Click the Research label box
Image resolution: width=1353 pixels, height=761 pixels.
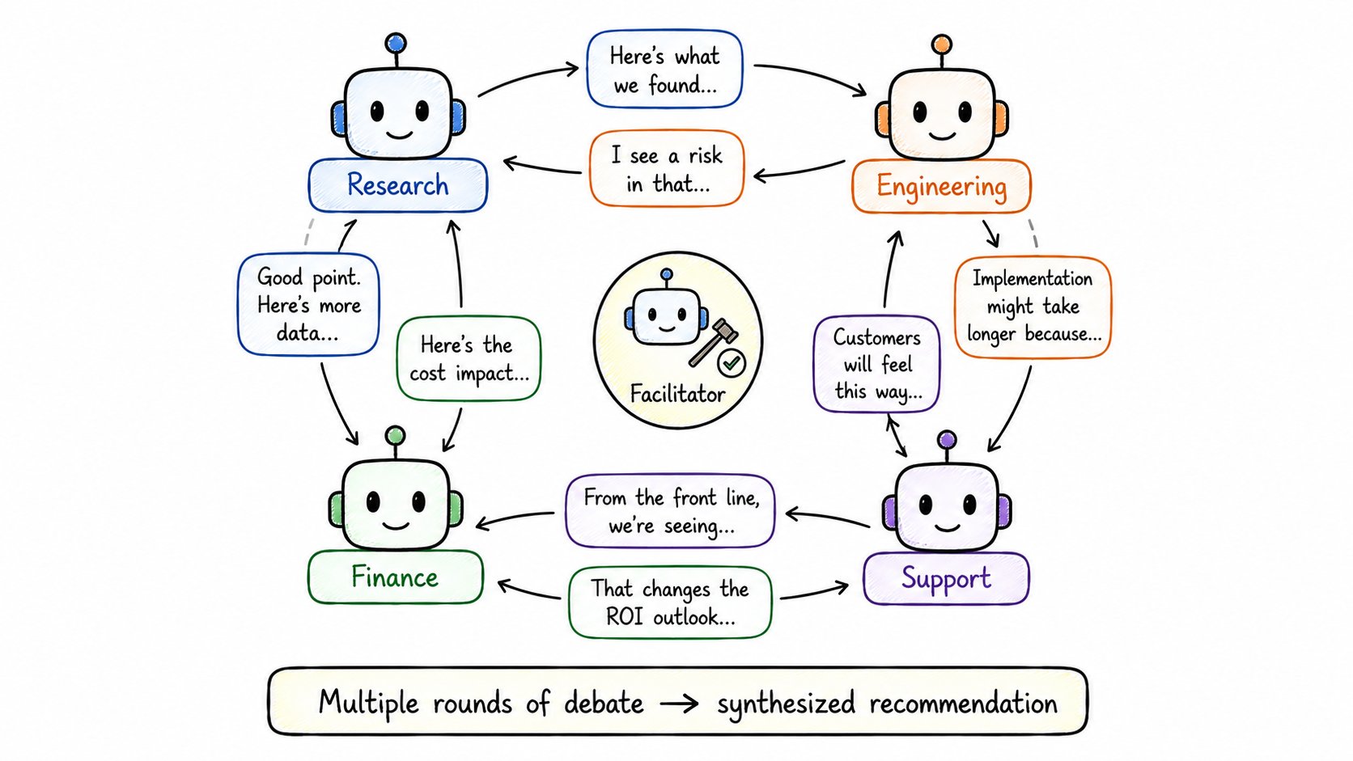coord(398,185)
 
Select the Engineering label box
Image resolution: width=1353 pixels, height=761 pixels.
coord(941,186)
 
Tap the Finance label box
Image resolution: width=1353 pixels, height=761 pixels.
coord(396,577)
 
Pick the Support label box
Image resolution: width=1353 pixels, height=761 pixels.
coord(946,578)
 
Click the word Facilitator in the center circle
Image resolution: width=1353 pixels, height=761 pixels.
coord(677,394)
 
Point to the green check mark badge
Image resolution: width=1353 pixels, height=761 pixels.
coord(732,362)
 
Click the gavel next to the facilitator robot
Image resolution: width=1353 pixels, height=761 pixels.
coord(713,342)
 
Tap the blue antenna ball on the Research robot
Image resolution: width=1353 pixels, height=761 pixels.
coord(396,43)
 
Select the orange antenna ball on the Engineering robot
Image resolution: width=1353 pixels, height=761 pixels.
coord(942,44)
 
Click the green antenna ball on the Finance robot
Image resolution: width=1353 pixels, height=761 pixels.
coord(395,435)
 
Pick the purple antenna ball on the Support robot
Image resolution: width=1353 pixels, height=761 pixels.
coord(947,439)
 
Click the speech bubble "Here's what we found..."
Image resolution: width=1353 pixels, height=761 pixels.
coord(664,69)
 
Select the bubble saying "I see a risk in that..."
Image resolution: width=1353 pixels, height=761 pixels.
coord(666,168)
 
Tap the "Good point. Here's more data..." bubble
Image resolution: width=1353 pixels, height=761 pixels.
coord(308,304)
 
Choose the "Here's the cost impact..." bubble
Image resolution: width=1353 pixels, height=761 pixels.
coord(469,358)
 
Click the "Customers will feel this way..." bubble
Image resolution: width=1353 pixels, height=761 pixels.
coord(877,364)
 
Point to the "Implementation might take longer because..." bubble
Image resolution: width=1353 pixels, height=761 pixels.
coord(1033,307)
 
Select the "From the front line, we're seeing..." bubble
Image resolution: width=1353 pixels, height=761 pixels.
coord(671,510)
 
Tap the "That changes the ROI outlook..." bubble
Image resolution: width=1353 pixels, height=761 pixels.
coord(671,602)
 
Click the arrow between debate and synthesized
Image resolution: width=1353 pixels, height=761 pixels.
coord(680,704)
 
